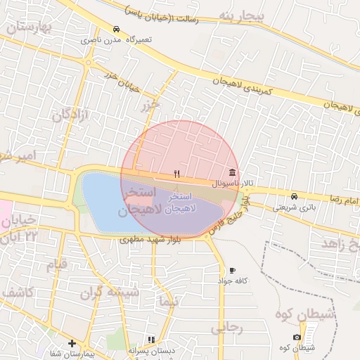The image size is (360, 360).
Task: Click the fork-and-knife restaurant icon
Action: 177,173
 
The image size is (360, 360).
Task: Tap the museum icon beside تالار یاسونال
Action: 232,172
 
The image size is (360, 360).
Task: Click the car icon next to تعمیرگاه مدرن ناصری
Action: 115,30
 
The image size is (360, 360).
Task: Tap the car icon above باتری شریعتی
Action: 293,196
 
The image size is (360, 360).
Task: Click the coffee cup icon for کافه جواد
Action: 232,270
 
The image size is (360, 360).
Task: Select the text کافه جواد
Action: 233,281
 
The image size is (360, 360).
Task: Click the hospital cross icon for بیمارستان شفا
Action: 72,343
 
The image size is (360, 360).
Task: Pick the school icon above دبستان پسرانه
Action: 152,340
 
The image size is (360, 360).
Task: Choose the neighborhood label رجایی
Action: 226,328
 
